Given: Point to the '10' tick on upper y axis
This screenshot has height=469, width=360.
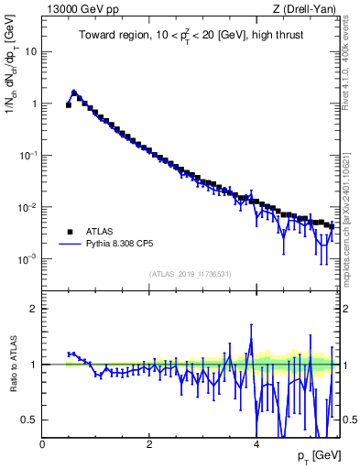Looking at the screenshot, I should [x=30, y=51].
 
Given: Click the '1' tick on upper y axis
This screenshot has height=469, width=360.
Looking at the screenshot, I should [x=34, y=104].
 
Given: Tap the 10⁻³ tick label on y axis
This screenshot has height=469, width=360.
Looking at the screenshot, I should [x=27, y=259].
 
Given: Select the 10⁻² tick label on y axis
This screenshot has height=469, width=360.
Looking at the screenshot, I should [x=27, y=208].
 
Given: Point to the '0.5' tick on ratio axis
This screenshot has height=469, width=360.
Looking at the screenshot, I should [x=29, y=420].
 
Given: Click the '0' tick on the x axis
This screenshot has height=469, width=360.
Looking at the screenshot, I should [x=43, y=444].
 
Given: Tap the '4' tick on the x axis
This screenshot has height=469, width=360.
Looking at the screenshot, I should [x=256, y=444].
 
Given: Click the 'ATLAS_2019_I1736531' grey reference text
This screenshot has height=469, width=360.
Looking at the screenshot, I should [x=190, y=274].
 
